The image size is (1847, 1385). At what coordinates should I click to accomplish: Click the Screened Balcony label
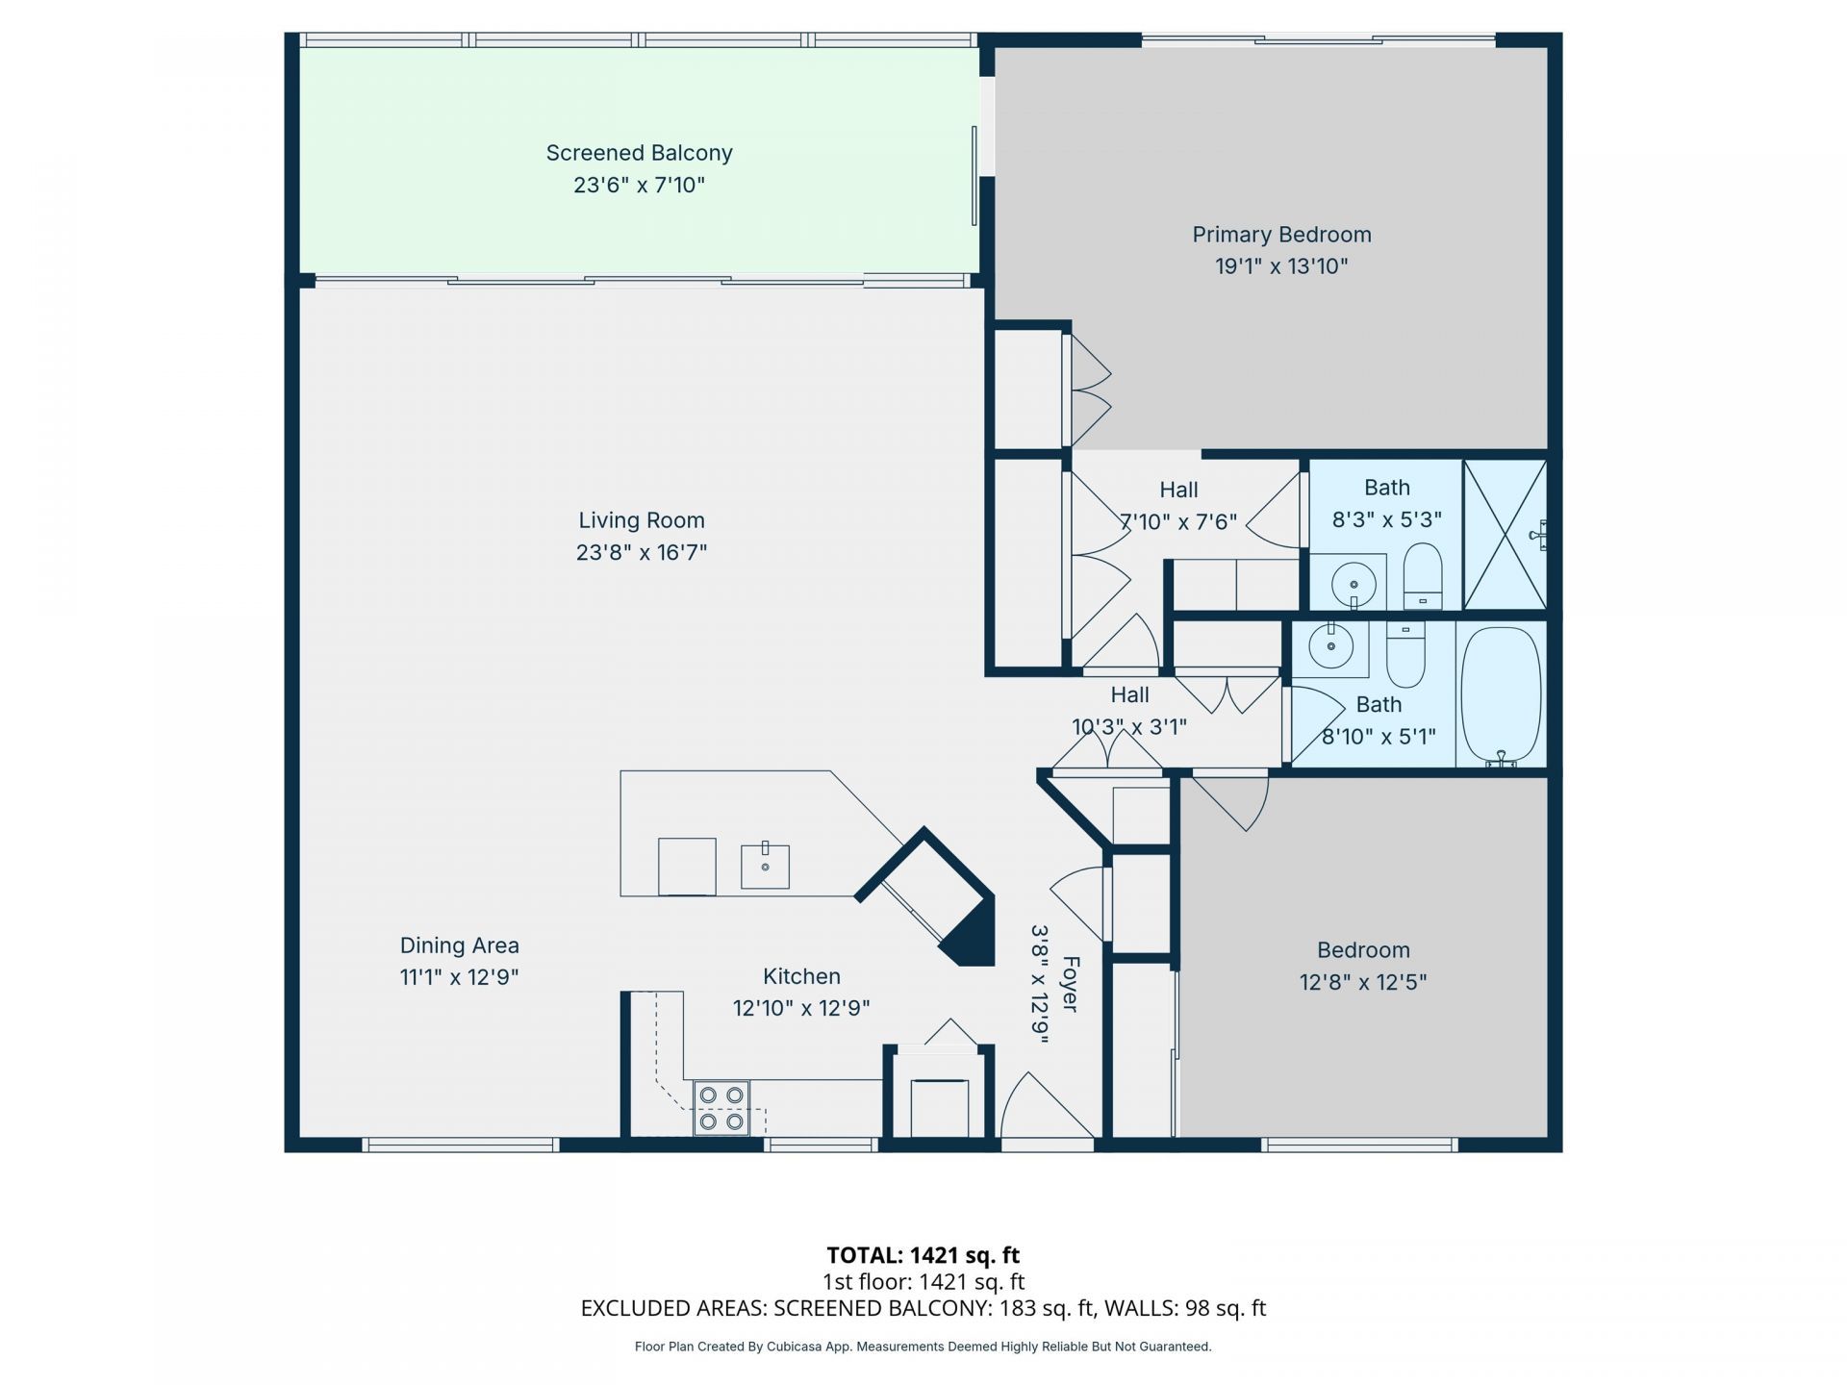pyautogui.click(x=639, y=153)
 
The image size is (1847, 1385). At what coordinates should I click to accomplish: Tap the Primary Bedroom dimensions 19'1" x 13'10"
pyautogui.click(x=1280, y=266)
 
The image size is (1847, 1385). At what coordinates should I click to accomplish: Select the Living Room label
pyautogui.click(x=641, y=520)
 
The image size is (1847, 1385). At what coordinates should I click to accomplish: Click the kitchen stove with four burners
pyautogui.click(x=721, y=1108)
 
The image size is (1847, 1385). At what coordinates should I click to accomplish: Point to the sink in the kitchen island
pyautogui.click(x=765, y=866)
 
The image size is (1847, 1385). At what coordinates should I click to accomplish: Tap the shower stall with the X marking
pyautogui.click(x=1505, y=535)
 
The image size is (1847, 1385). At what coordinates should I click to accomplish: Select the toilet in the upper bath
pyautogui.click(x=1423, y=575)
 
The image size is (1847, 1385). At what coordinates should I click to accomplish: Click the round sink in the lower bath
pyautogui.click(x=1331, y=647)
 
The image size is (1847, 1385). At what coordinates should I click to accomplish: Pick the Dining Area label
pyautogui.click(x=459, y=945)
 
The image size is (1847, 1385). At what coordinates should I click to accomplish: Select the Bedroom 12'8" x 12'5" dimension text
pyautogui.click(x=1362, y=982)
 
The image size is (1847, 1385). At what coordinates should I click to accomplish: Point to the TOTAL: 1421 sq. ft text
pyautogui.click(x=923, y=1255)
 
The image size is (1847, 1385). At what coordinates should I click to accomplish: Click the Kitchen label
pyautogui.click(x=801, y=976)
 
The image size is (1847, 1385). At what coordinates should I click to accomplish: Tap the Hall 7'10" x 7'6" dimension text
pyautogui.click(x=1178, y=522)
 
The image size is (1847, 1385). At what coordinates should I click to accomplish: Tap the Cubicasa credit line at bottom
pyautogui.click(x=923, y=1347)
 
